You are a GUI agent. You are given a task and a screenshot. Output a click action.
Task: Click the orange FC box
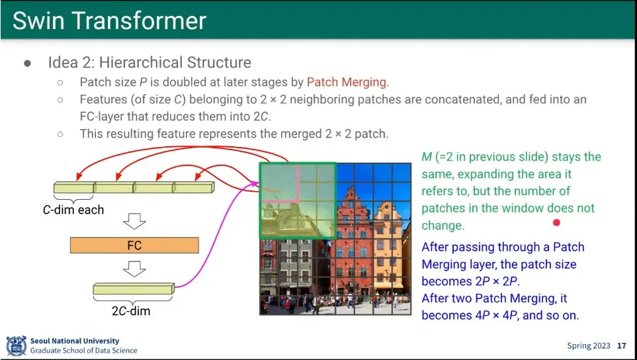tap(134, 246)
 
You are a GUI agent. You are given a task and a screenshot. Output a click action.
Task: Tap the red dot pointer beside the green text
tap(556, 222)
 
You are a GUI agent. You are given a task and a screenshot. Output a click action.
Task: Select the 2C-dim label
tap(131, 311)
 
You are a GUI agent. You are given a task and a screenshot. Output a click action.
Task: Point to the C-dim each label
tap(73, 210)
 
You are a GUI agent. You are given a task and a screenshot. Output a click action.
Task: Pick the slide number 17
tap(622, 346)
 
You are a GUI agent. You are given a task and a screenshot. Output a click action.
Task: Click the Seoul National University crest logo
tap(17, 346)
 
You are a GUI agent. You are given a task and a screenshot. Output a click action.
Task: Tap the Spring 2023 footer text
tap(589, 346)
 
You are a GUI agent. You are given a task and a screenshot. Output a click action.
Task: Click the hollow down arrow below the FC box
tap(134, 269)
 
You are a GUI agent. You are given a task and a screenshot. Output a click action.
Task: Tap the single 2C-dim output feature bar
tap(134, 289)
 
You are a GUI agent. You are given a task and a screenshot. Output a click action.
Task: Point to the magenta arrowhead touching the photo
tap(255, 184)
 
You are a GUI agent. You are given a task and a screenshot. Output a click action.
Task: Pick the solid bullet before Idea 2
tap(28, 63)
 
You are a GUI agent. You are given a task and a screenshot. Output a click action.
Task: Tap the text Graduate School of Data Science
tap(84, 350)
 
